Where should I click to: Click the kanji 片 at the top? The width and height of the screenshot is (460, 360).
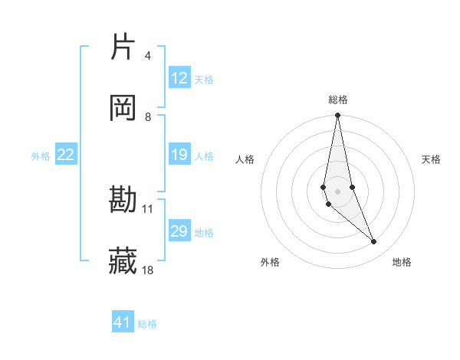[123, 47]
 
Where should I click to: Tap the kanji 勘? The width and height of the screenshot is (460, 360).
[123, 201]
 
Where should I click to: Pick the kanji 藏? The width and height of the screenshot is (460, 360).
[123, 261]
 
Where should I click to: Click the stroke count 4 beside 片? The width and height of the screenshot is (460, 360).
[148, 56]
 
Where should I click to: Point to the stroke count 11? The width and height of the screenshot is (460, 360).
[148, 208]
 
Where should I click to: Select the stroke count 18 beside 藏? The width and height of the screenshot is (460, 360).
[148, 270]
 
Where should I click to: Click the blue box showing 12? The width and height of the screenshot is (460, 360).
[179, 78]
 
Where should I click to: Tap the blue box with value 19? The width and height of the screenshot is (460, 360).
[179, 155]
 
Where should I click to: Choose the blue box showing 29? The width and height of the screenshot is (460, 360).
[179, 231]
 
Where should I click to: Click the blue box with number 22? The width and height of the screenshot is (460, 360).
[66, 155]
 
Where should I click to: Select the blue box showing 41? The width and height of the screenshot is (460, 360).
[123, 322]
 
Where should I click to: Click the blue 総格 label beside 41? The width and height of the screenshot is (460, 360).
[147, 324]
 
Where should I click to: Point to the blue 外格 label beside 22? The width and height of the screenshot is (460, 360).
[41, 156]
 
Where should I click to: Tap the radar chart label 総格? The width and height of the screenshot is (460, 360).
[338, 100]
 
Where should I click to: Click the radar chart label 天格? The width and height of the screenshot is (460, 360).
[432, 159]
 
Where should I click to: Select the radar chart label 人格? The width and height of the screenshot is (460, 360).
[245, 159]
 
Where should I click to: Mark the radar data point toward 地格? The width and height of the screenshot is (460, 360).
[374, 242]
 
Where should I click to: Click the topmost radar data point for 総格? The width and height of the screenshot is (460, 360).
[337, 116]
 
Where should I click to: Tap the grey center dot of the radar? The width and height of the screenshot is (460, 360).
[337, 191]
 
